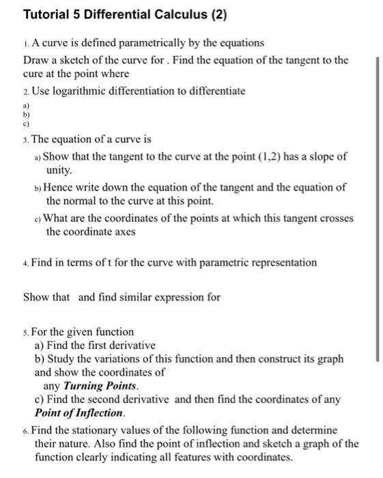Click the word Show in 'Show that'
coord(36,297)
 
